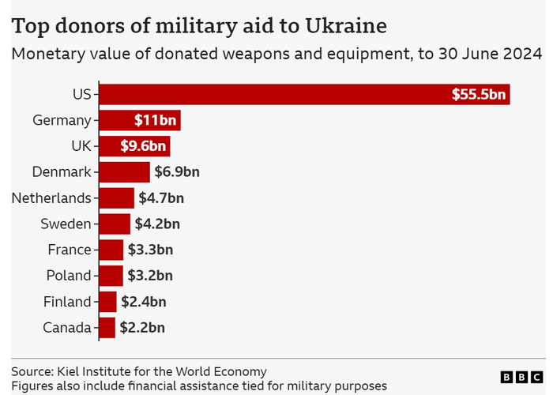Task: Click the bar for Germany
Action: click(x=140, y=120)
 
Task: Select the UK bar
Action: click(x=134, y=146)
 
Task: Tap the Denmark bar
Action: click(x=124, y=171)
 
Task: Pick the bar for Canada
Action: click(x=107, y=327)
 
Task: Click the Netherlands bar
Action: click(x=116, y=197)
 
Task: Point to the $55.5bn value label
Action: click(x=479, y=94)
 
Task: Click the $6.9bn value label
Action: click(x=177, y=171)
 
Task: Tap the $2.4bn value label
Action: click(x=144, y=302)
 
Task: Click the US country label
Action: click(x=81, y=94)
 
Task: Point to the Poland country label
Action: click(x=69, y=276)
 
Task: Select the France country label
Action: click(x=70, y=250)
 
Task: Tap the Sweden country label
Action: click(x=66, y=224)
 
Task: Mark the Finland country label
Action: click(x=69, y=302)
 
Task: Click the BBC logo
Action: click(x=521, y=378)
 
